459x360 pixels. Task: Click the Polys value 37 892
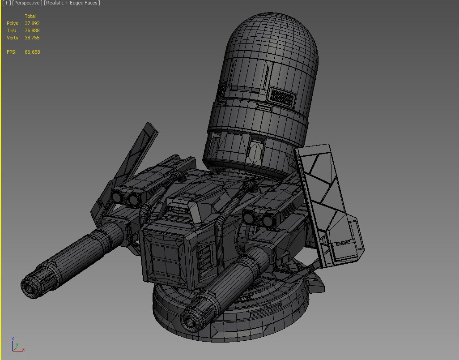(x=32, y=23)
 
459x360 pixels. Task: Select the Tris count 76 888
(x=32, y=30)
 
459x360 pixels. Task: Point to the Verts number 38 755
(x=32, y=38)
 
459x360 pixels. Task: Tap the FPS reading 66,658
(x=32, y=52)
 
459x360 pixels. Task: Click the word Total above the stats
(x=30, y=16)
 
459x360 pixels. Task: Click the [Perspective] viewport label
(x=27, y=3)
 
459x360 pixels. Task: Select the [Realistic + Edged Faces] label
(x=72, y=3)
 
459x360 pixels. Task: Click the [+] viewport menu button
(x=6, y=3)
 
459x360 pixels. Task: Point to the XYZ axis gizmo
(x=16, y=345)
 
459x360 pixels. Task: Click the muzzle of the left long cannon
(x=29, y=287)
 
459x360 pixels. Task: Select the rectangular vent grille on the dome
(x=282, y=96)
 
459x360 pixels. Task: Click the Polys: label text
(x=13, y=23)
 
